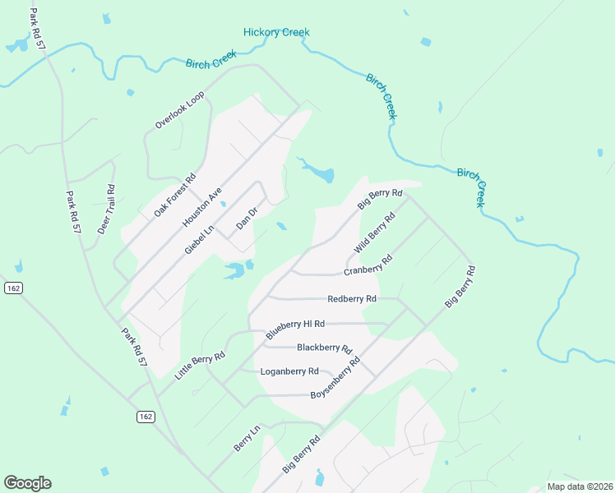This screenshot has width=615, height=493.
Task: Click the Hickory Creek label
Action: tap(276, 32)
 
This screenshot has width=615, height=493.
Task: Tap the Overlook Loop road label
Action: tap(179, 110)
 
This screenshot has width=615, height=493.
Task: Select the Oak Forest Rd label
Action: tap(175, 195)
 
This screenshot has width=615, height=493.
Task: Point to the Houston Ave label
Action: tap(203, 207)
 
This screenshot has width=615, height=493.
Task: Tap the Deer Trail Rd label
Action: tap(107, 209)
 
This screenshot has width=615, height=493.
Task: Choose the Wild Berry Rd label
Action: tap(375, 232)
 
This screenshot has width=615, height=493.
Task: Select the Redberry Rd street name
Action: tap(351, 299)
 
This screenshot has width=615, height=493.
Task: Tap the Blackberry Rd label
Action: tap(324, 348)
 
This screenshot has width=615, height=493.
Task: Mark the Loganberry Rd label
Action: tap(289, 371)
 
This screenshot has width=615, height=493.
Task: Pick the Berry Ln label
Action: tap(247, 438)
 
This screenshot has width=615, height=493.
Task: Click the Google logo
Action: tap(27, 483)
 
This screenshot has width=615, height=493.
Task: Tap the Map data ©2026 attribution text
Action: tap(580, 486)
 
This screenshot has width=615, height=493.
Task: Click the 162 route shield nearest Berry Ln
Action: tap(146, 417)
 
